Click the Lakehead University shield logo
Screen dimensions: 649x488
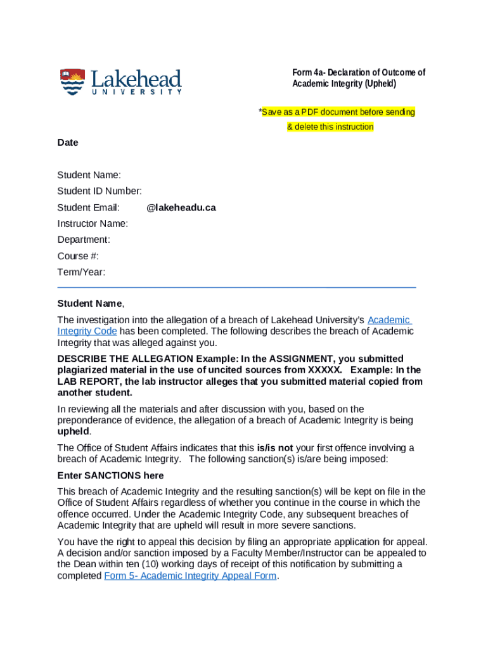pyautogui.click(x=72, y=82)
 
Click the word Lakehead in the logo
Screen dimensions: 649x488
pyautogui.click(x=136, y=80)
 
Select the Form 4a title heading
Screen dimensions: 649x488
pyautogui.click(x=358, y=78)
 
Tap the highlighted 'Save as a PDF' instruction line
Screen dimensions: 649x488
pyautogui.click(x=336, y=112)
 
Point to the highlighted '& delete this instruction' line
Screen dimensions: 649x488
pyautogui.click(x=330, y=127)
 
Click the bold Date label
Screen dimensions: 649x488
pyautogui.click(x=68, y=143)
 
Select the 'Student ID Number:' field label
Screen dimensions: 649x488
pyautogui.click(x=100, y=191)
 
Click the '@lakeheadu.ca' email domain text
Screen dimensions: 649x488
pyautogui.click(x=181, y=207)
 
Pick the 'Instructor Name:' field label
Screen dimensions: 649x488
pyautogui.click(x=93, y=223)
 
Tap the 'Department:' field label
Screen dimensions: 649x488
pyautogui.click(x=84, y=240)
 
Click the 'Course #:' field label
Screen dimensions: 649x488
pyautogui.click(x=78, y=256)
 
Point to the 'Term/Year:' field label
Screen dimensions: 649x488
pyautogui.click(x=81, y=272)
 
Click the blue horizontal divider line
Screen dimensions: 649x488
pyautogui.click(x=236, y=288)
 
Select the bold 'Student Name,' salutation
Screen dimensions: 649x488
pyautogui.click(x=91, y=304)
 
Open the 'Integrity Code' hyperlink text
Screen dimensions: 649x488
pyautogui.click(x=87, y=331)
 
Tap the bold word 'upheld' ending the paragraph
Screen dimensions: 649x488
pyautogui.click(x=73, y=431)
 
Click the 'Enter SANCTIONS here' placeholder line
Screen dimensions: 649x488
pyautogui.click(x=110, y=475)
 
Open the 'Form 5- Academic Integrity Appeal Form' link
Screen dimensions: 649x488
pyautogui.click(x=189, y=575)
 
